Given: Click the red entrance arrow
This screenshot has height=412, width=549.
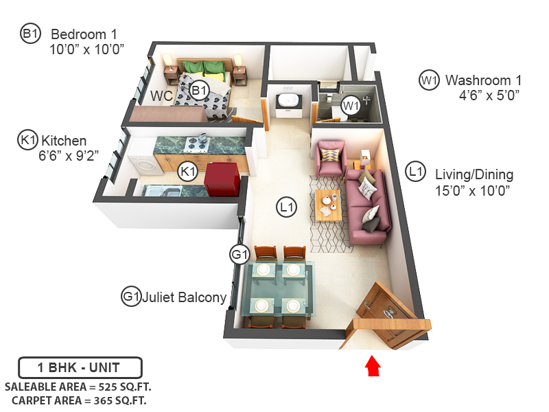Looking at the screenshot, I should [372, 365].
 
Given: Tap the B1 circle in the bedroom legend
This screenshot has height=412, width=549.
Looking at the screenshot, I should [31, 33].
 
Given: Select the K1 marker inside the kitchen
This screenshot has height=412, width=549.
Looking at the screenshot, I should [188, 172].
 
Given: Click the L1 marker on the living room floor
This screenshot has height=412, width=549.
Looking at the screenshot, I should [287, 206].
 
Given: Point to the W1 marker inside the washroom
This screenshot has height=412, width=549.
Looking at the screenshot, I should [351, 106].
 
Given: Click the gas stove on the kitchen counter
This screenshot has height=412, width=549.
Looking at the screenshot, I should [198, 143].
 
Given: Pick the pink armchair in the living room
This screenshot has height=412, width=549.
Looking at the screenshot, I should [330, 158].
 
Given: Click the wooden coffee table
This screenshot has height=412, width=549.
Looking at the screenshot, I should [329, 203].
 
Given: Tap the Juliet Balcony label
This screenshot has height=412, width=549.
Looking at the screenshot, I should [184, 297].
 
